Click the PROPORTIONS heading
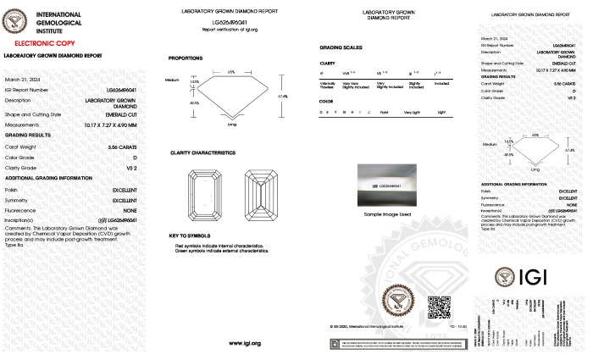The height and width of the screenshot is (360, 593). [186, 58]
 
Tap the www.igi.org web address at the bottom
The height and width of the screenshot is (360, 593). [244, 343]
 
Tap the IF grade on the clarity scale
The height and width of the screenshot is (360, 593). [322, 74]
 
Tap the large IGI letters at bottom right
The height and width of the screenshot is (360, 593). [549, 276]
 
